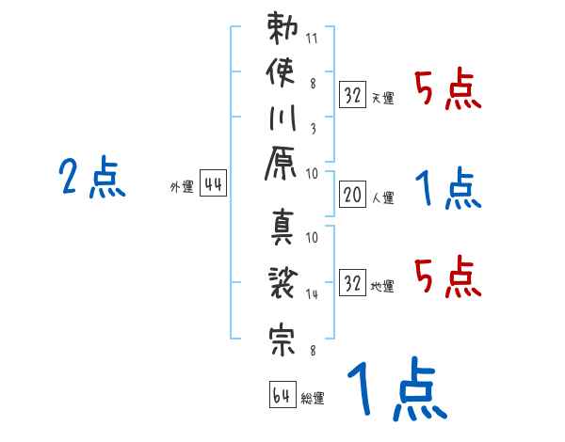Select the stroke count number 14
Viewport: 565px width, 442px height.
pyautogui.click(x=312, y=293)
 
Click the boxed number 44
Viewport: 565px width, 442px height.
pyautogui.click(x=213, y=185)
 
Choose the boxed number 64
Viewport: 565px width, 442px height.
pyautogui.click(x=282, y=395)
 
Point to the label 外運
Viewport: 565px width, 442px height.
pyautogui.click(x=181, y=187)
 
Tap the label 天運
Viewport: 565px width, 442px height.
pyautogui.click(x=382, y=97)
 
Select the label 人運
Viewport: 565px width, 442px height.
pyautogui.click(x=382, y=197)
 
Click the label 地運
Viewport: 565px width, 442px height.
pyautogui.click(x=382, y=285)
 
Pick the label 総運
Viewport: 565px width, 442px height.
pyautogui.click(x=312, y=398)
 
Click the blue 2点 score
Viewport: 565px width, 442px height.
pyautogui.click(x=92, y=178)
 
